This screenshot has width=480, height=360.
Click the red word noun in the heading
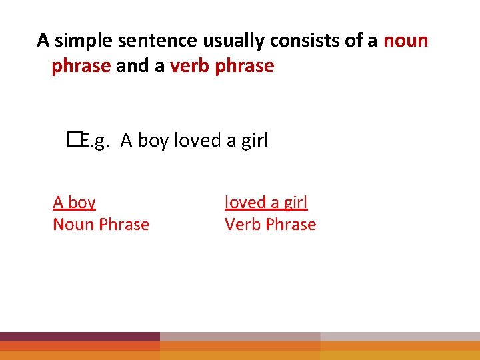point(405,41)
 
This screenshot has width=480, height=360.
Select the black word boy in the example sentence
point(153,141)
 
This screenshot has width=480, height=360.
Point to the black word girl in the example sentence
point(253,141)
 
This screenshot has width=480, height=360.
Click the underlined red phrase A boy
point(74,202)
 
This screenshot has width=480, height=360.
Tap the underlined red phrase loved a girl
point(266,202)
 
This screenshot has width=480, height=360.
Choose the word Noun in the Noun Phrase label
point(74,225)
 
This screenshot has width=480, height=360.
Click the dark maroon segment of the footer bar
point(80,337)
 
